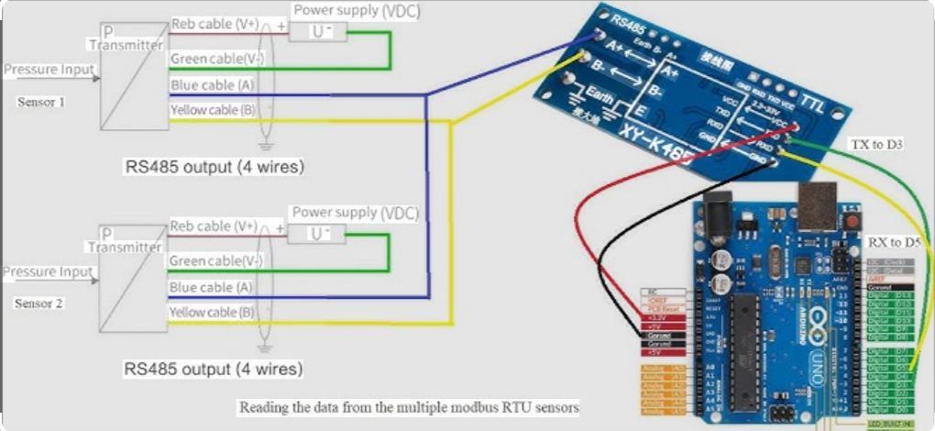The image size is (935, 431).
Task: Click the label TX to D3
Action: [878, 145]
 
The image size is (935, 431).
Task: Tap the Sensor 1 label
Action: [40, 102]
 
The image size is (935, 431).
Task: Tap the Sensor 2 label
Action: [39, 303]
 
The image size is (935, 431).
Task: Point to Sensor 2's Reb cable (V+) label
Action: [214, 227]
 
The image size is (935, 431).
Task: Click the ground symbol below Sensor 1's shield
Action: [266, 144]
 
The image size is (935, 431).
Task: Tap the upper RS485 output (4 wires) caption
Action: [214, 168]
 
